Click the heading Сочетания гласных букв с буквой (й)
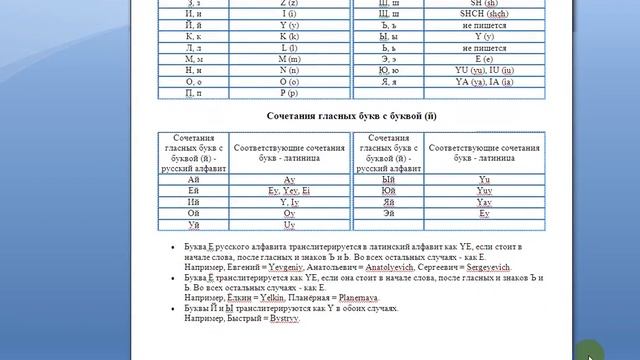click(x=352, y=116)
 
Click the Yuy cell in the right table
click(x=484, y=190)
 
